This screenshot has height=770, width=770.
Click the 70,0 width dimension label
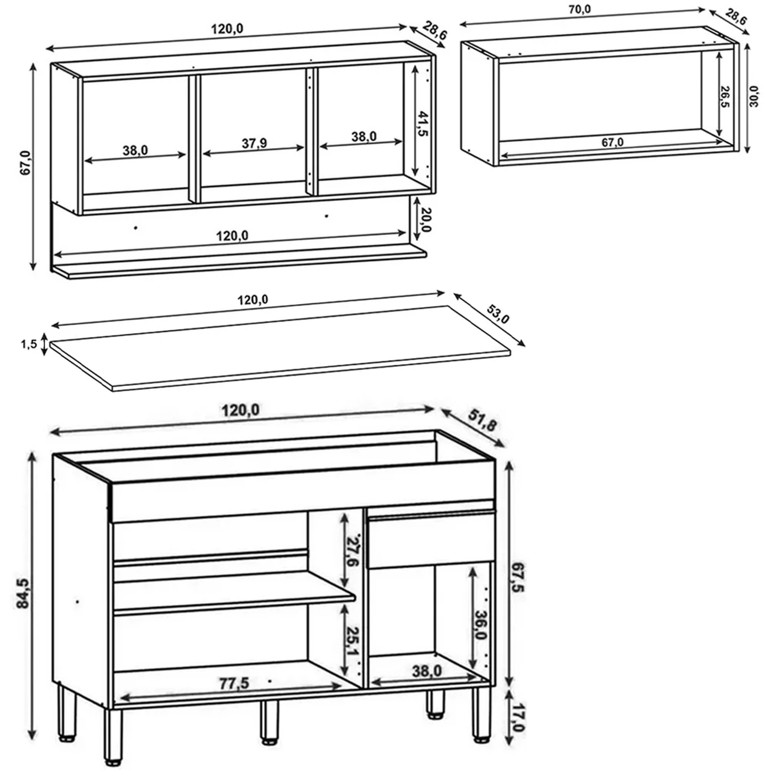(x=580, y=9)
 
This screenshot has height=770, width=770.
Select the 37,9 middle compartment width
(x=255, y=143)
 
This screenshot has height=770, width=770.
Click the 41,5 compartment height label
(x=423, y=124)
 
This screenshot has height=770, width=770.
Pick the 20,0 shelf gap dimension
(x=426, y=219)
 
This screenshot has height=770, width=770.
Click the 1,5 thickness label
(x=29, y=344)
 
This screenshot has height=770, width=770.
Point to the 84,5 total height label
(x=24, y=593)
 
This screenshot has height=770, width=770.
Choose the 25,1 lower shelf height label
(x=352, y=641)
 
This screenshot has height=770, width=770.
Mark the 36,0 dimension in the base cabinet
(x=480, y=625)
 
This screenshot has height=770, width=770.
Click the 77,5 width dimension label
(x=234, y=683)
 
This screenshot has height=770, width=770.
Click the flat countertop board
(x=280, y=348)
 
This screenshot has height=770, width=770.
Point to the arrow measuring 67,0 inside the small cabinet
(x=614, y=149)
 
